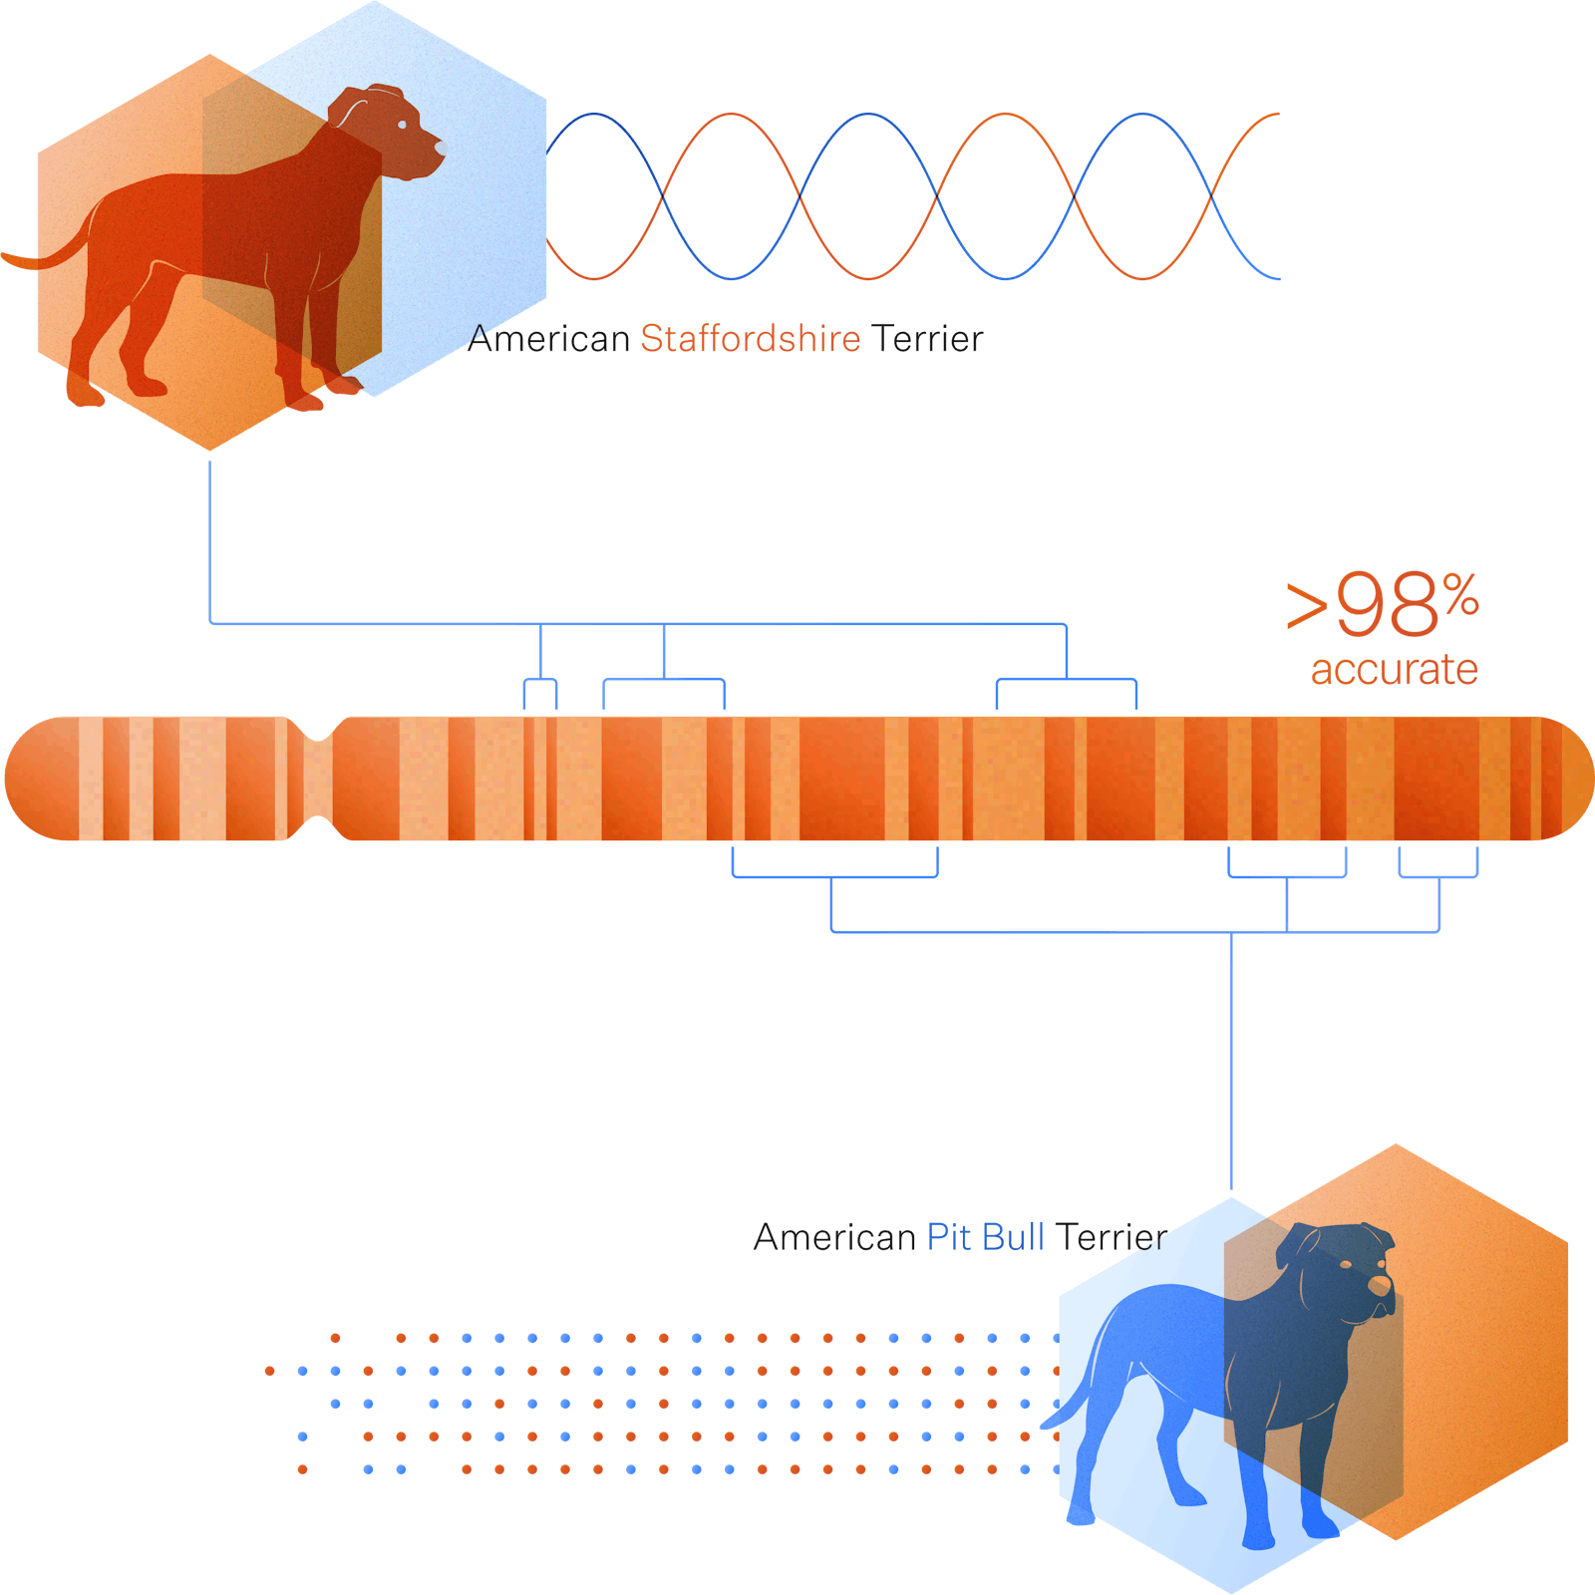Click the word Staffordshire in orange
pyautogui.click(x=750, y=339)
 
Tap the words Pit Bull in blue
pyautogui.click(x=984, y=1237)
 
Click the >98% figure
pyautogui.click(x=1382, y=606)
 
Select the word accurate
pyautogui.click(x=1394, y=670)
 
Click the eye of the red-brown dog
pyautogui.click(x=401, y=125)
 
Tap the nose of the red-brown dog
pyautogui.click(x=439, y=151)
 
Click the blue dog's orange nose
pyautogui.click(x=1379, y=1286)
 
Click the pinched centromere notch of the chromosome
pyautogui.click(x=318, y=779)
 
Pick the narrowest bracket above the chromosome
pyautogui.click(x=540, y=681)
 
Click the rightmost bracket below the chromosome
pyautogui.click(x=1438, y=876)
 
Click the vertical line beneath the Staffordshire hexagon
pyautogui.click(x=209, y=538)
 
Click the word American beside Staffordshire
pyautogui.click(x=549, y=339)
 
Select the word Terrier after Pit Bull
pyautogui.click(x=1112, y=1237)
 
